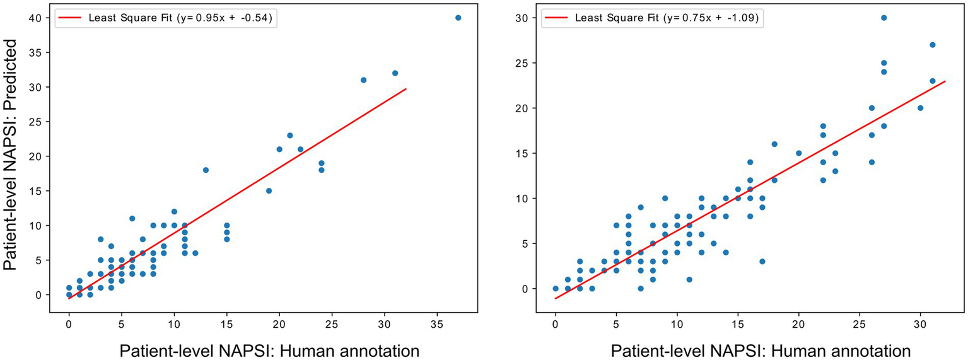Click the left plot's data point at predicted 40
click(x=458, y=18)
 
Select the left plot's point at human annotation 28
click(x=363, y=80)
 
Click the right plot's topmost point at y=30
click(x=883, y=18)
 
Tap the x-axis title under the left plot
click(x=269, y=350)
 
